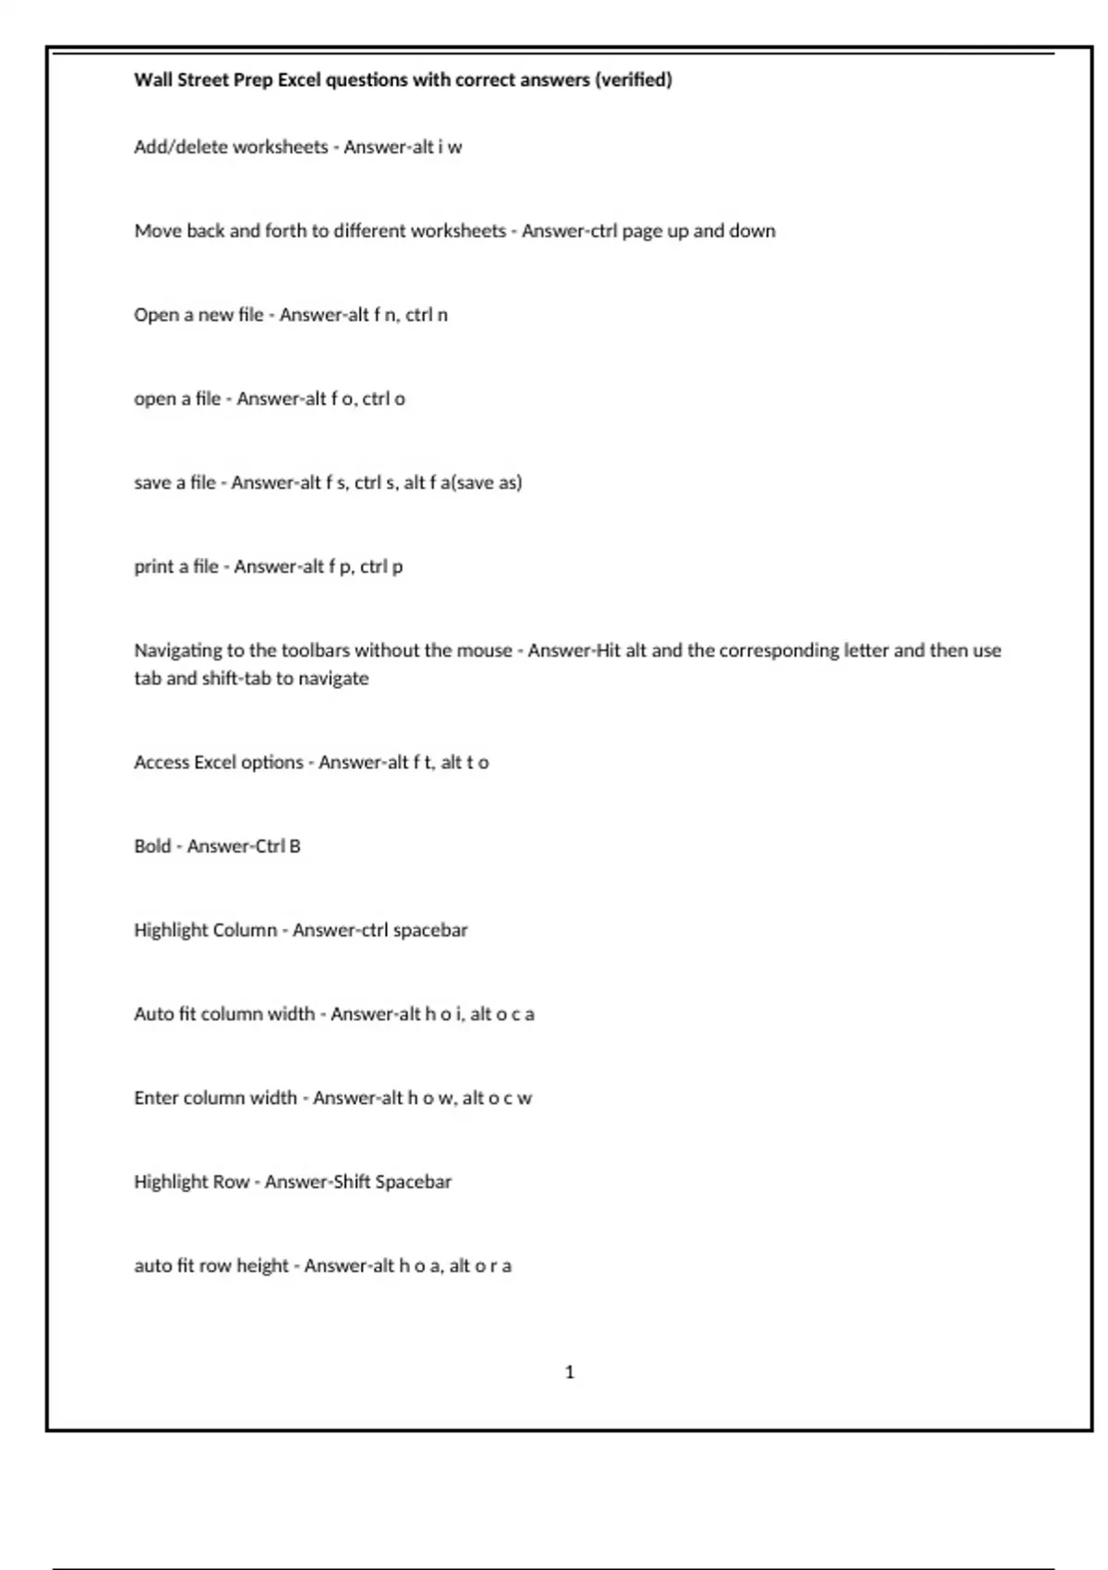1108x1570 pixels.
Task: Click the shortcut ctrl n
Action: [427, 315]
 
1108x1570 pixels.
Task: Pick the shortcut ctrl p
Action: [381, 566]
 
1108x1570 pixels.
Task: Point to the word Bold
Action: [152, 846]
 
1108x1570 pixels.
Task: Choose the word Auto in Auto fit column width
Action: [153, 1014]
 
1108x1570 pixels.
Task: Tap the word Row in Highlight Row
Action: [231, 1182]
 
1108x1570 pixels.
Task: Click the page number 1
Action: [570, 1372]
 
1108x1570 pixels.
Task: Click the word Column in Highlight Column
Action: [245, 930]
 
